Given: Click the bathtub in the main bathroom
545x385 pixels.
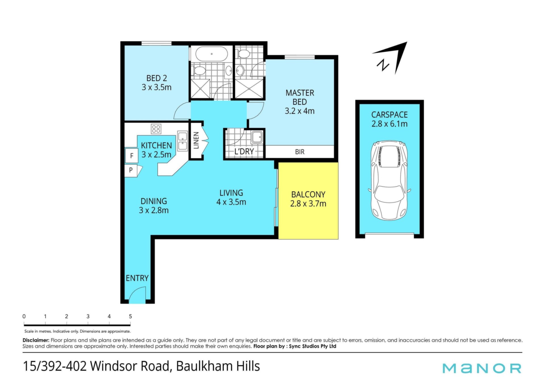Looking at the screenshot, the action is [x=211, y=54].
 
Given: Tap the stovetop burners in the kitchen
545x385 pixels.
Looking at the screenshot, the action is [x=156, y=129].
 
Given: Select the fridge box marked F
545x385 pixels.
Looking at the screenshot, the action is [x=131, y=155].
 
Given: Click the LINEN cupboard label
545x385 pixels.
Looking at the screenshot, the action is [x=196, y=140].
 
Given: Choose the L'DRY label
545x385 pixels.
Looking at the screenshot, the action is [x=244, y=152].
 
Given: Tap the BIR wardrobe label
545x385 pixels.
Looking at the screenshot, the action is [x=300, y=152].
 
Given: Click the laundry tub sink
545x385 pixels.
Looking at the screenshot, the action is [x=257, y=137].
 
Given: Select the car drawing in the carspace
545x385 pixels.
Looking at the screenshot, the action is [x=389, y=180].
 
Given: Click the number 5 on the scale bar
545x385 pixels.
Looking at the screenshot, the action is [x=130, y=316].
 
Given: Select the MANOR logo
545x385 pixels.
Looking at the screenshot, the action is [x=482, y=368].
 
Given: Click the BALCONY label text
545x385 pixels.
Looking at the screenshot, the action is [x=308, y=195].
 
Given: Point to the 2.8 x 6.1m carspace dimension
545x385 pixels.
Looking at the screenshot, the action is [x=389, y=124].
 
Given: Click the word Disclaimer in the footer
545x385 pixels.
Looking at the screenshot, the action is [x=36, y=340].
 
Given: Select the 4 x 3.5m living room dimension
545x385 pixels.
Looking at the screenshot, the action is [x=231, y=202].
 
